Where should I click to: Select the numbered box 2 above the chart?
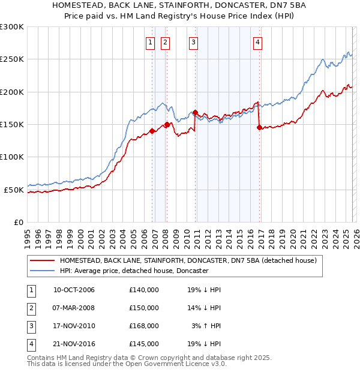point(164,42)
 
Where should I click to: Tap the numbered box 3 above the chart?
point(194,42)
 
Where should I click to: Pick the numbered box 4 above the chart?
point(257,42)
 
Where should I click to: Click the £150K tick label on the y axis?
point(12,124)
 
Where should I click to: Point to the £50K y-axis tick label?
point(14,190)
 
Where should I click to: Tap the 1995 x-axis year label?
point(28,235)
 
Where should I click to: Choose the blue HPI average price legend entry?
point(133,271)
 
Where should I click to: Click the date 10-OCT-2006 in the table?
point(74,290)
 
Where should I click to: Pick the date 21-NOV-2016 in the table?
point(74,344)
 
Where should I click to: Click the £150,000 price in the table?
point(144,308)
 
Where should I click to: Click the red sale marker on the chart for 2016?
point(259,127)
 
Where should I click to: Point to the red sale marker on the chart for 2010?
point(196,112)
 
